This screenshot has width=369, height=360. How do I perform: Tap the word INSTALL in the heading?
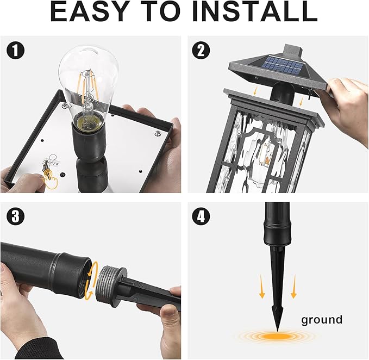click(255, 11)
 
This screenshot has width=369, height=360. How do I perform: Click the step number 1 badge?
click(16, 51)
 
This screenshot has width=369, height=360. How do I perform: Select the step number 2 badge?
click(201, 51)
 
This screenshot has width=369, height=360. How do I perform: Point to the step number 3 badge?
click(16, 216)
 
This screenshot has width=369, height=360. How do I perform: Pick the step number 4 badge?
click(201, 216)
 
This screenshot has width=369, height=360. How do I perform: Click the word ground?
click(322, 320)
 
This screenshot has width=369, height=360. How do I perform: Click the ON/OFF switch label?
click(52, 164)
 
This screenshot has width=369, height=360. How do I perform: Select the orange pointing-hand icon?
click(50, 180)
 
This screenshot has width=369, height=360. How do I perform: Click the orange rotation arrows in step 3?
click(89, 280)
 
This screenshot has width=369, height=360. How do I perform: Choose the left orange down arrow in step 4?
click(262, 287)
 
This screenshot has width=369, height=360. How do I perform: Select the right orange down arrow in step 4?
click(293, 287)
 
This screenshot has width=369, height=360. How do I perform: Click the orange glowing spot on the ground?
click(278, 336)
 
